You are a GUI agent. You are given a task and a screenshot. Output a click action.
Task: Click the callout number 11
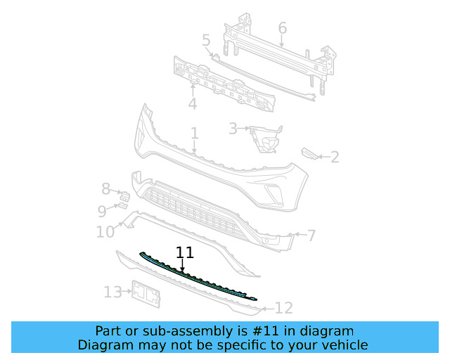pos(185,252)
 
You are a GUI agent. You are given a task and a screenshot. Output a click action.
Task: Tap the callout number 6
pos(283,28)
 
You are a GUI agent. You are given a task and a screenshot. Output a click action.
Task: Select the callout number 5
pos(206,41)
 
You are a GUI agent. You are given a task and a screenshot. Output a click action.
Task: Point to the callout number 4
pos(192,104)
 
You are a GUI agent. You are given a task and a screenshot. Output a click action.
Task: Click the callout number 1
pos(195,133)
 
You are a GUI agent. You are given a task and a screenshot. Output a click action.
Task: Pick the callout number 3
pos(233,129)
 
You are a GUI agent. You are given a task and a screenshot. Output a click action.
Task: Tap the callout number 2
pos(335,157)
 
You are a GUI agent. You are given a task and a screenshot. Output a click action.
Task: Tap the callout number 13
pos(112,292)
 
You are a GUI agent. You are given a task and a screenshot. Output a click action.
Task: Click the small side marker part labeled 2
pos(310,153)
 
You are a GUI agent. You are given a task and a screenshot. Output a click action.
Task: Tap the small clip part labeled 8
pos(122,195)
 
